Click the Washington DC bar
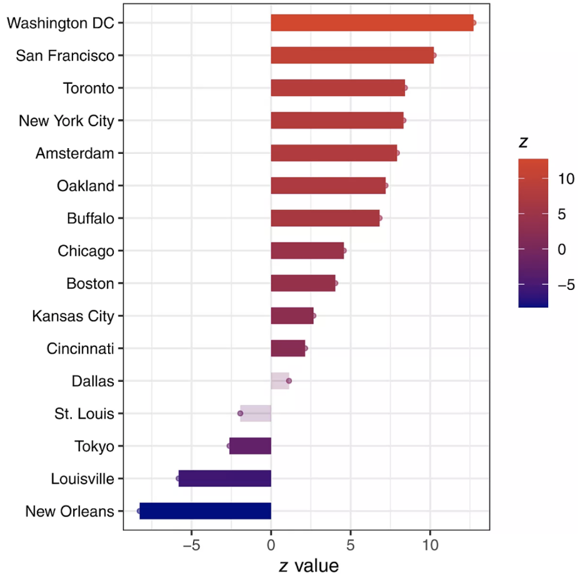pos(372,22)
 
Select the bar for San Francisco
pos(352,55)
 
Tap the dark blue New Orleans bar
pos(205,511)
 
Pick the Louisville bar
pos(224,478)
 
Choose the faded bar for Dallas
pos(280,381)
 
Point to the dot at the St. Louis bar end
pos(240,413)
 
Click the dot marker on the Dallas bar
pos(289,381)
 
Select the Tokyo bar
pos(250,446)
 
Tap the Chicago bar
pos(307,251)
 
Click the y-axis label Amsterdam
pos(74,153)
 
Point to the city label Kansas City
pos(73,316)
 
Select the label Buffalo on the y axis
pos(91,218)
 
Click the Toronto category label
pos(89,88)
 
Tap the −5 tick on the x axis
pos(191,546)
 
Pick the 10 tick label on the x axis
pos(430,546)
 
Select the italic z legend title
pos(524,142)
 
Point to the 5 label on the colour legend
pos(562,214)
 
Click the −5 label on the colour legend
pos(566,285)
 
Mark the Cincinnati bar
pos(288,348)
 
